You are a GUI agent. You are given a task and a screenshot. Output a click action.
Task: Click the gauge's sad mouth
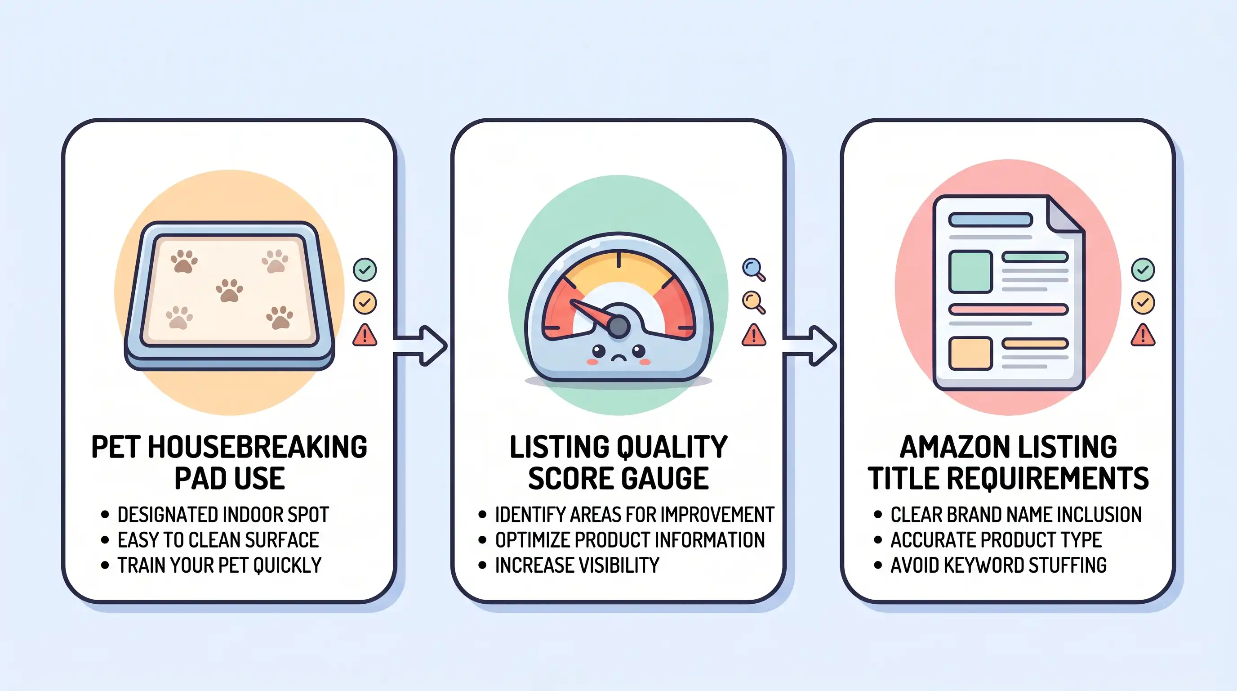[618, 358]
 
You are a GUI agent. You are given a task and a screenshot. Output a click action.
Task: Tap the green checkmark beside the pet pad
[365, 269]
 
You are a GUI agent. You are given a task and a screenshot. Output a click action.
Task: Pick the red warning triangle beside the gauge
[753, 336]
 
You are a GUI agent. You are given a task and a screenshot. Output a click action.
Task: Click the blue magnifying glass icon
[753, 269]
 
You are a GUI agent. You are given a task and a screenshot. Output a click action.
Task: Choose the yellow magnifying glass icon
[753, 302]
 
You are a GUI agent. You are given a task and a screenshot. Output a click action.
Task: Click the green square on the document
[970, 272]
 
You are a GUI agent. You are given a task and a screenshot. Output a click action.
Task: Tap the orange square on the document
[970, 354]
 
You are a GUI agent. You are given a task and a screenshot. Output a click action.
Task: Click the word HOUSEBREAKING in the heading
[258, 447]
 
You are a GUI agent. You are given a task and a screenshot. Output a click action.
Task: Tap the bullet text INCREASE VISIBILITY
[577, 565]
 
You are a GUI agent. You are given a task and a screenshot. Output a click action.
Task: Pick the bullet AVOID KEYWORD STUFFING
[998, 565]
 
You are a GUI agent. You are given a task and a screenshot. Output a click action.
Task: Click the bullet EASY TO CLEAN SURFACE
[218, 540]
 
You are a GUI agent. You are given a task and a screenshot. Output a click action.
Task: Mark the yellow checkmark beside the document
[1143, 302]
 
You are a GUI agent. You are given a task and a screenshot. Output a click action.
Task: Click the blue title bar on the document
[991, 220]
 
